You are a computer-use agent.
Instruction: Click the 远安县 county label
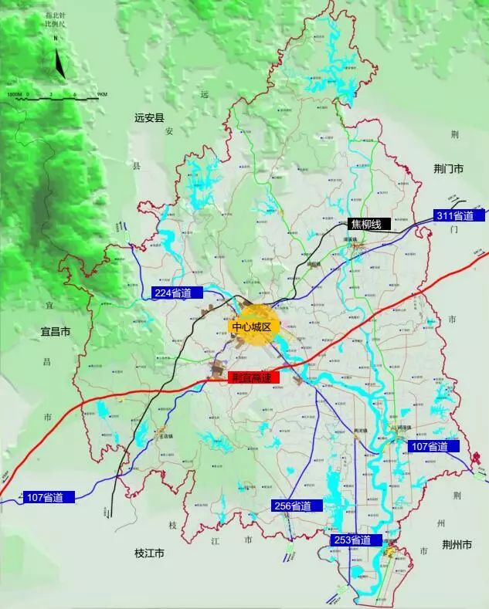coord(150,118)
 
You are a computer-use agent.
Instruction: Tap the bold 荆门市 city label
coord(448,169)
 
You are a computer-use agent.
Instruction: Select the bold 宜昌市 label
coord(56,331)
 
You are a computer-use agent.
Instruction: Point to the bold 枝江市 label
coord(150,553)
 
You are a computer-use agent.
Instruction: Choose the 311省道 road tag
coord(459,215)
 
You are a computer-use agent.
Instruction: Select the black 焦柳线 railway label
coord(366,225)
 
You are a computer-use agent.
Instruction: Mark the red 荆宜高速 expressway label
coord(250,377)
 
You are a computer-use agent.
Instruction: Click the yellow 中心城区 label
coord(252,327)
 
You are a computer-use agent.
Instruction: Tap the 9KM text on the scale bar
coord(102,93)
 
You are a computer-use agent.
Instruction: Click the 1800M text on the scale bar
coord(14,93)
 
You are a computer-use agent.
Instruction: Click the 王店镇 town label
coord(163,436)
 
